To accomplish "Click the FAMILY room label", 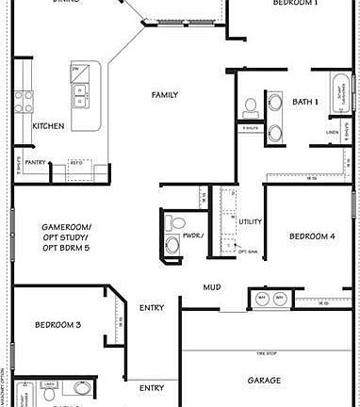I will click(x=165, y=94).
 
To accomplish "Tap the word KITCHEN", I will click(x=48, y=125).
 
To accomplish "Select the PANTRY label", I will click(x=36, y=162).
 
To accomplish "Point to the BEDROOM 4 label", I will click(x=312, y=236).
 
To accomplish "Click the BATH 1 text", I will click(x=305, y=101).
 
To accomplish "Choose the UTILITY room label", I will click(x=250, y=221).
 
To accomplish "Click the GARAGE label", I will click(x=264, y=380).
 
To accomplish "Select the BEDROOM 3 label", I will click(x=57, y=324).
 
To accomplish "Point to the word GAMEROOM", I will click(x=66, y=227).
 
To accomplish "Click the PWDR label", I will click(x=193, y=236).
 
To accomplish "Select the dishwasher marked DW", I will click(x=74, y=69).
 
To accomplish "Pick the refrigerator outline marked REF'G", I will click(x=77, y=163).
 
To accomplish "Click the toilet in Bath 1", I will click(x=251, y=106).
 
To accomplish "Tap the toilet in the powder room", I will click(x=172, y=245).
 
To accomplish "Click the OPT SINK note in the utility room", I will click(x=249, y=252).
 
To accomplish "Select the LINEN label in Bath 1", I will click(x=332, y=132).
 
